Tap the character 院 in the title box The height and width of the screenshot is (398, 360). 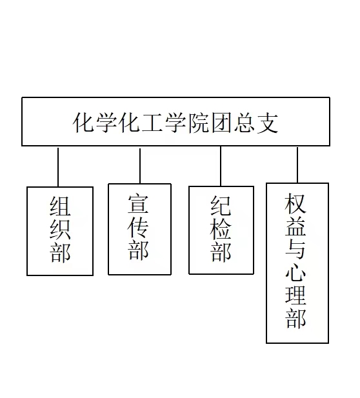click(x=199, y=123)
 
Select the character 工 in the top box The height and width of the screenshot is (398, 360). click(x=152, y=123)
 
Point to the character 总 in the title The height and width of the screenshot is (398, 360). click(x=245, y=123)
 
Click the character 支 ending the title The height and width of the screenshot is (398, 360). click(x=268, y=123)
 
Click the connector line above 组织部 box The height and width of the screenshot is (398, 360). click(x=58, y=167)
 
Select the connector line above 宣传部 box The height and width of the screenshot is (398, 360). click(x=140, y=166)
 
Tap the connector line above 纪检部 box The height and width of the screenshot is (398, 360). click(x=221, y=166)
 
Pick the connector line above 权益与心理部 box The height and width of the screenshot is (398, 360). click(x=297, y=165)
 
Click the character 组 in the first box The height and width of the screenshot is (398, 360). click(x=60, y=206)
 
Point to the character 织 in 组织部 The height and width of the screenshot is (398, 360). click(x=60, y=230)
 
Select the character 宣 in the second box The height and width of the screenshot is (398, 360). click(x=138, y=204)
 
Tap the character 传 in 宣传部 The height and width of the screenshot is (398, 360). click(x=138, y=227)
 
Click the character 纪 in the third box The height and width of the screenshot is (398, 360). click(x=221, y=205)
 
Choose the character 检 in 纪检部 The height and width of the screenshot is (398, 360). click(x=221, y=229)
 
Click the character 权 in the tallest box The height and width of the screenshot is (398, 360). click(x=295, y=204)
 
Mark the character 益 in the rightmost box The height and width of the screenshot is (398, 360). click(x=295, y=226)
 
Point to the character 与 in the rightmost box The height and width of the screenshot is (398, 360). click(x=295, y=249)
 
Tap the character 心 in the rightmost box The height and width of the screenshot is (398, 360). click(x=295, y=272)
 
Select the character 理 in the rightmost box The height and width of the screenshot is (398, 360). click(x=295, y=295)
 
